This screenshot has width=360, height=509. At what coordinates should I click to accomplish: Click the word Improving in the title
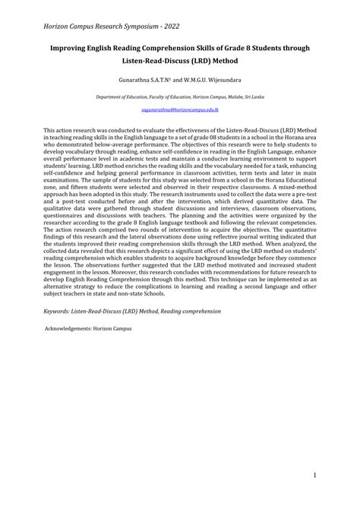point(74,48)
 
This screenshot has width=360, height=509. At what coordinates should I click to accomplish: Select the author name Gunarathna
point(138,79)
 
